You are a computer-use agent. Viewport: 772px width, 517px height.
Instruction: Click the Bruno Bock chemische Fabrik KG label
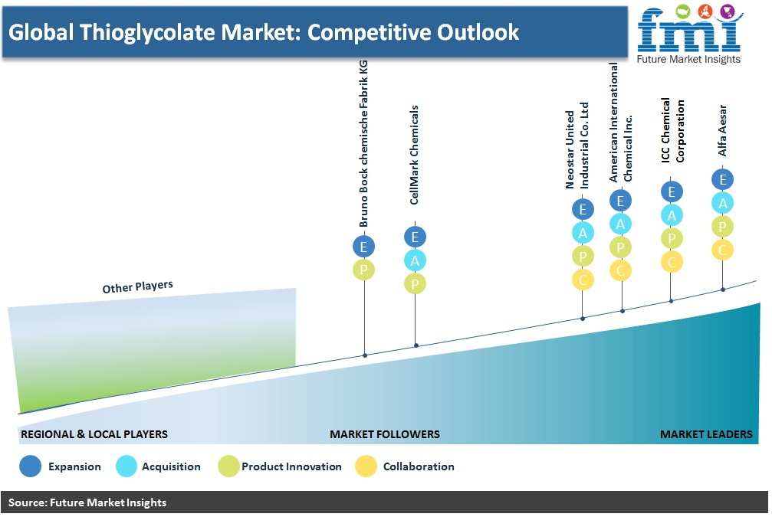click(363, 144)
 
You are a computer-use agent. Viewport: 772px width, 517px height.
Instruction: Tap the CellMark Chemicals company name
click(414, 155)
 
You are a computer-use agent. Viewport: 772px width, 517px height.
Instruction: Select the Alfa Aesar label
click(722, 130)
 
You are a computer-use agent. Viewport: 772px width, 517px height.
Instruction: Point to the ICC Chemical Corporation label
click(672, 130)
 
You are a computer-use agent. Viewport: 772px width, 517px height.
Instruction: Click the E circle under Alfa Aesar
click(722, 179)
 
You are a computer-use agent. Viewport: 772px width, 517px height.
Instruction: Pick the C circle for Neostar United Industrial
click(583, 280)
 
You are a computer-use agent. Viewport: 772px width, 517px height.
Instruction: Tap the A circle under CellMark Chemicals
click(415, 260)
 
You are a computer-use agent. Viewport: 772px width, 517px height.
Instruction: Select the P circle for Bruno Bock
click(364, 270)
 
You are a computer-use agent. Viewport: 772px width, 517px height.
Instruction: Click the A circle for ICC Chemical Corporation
click(672, 215)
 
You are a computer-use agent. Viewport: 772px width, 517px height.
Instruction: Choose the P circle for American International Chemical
click(620, 247)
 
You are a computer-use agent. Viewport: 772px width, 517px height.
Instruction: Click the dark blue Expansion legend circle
click(30, 466)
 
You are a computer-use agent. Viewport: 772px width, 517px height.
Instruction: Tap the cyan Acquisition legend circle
click(126, 466)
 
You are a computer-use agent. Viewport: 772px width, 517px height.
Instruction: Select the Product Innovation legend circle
click(229, 466)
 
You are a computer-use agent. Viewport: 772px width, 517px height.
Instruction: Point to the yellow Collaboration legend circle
click(366, 466)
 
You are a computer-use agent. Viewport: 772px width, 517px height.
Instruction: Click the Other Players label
click(138, 286)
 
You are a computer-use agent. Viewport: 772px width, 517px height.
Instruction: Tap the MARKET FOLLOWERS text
click(385, 434)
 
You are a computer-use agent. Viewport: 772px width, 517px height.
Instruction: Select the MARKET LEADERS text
click(706, 434)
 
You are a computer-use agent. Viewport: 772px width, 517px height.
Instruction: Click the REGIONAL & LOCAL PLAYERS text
click(94, 434)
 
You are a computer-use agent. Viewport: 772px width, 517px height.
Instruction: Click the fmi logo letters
click(689, 31)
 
